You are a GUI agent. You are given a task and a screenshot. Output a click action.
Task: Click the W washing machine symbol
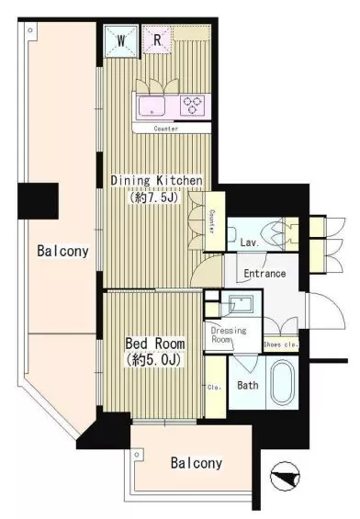[x=121, y=40]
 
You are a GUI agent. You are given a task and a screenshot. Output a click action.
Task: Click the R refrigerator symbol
[x=157, y=39]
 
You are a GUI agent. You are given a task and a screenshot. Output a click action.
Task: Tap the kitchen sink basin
[x=152, y=106]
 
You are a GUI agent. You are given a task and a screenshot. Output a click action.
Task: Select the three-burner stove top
[x=192, y=106]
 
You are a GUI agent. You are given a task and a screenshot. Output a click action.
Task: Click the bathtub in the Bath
[x=282, y=382]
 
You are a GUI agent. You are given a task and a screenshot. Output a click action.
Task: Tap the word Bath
[x=248, y=385]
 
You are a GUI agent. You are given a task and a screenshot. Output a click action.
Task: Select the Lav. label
[x=250, y=243]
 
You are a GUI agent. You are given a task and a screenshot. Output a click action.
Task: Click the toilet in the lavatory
[x=231, y=234]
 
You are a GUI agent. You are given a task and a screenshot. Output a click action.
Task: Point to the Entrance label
[x=264, y=274]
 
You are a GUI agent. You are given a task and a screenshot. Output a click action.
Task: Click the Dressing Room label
[x=229, y=334]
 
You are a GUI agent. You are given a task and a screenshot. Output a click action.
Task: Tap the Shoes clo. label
[x=281, y=344]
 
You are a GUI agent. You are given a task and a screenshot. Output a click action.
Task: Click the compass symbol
[x=285, y=477]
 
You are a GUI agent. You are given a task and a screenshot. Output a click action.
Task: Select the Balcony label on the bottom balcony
[x=197, y=463]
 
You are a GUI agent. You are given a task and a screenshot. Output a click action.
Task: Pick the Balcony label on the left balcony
[x=62, y=251]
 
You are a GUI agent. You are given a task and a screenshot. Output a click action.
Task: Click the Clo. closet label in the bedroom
[x=214, y=387]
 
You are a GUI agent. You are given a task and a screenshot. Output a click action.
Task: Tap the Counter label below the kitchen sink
[x=166, y=129]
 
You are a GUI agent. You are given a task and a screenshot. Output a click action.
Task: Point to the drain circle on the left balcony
[x=30, y=30]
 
